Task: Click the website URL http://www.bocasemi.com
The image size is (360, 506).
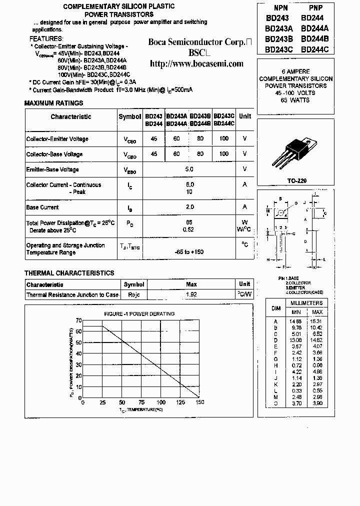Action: [197, 63]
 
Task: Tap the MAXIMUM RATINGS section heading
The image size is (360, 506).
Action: [53, 103]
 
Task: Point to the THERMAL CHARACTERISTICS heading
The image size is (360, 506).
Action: [69, 273]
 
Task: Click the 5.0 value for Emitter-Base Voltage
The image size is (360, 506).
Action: [189, 169]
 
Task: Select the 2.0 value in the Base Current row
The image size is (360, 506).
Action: [189, 207]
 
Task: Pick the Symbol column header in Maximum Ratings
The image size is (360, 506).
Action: [130, 116]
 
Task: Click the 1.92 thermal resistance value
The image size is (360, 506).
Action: [191, 294]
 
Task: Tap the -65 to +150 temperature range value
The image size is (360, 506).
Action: [189, 252]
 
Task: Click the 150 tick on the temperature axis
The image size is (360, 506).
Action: [200, 402]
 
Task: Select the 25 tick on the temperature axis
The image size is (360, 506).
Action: [102, 402]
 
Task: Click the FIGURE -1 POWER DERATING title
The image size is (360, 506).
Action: [139, 313]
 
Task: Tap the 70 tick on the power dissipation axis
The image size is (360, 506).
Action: [78, 320]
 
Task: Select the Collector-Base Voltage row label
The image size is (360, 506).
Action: [54, 154]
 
